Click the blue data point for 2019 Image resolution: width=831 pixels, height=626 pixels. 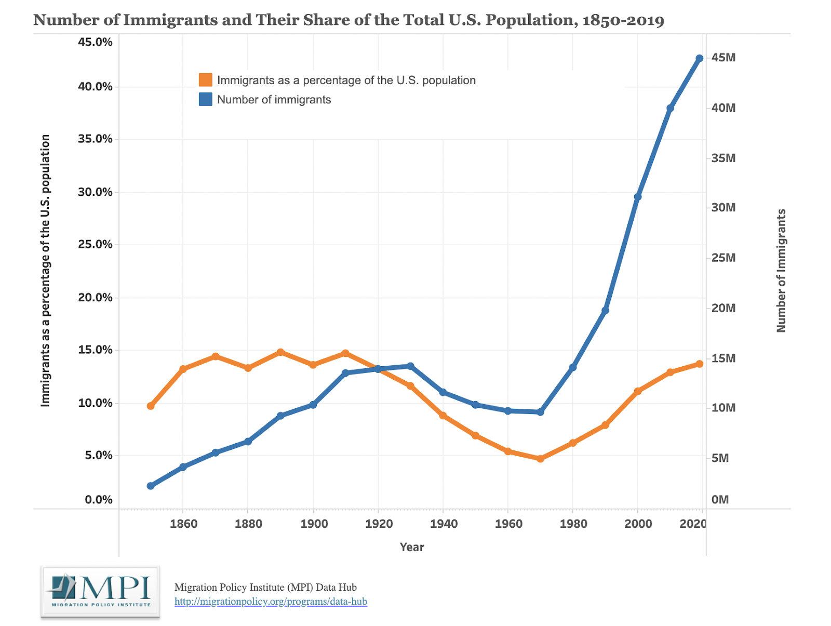pos(699,58)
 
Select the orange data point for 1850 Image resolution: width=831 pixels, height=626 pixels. pos(151,406)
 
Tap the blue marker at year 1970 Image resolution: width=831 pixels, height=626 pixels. pos(540,412)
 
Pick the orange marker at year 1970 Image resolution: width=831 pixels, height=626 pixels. pos(540,459)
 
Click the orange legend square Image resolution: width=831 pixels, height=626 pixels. pos(206,80)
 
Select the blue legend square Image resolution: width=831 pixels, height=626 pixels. pos(206,99)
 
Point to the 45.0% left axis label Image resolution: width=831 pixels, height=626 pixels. pos(95,42)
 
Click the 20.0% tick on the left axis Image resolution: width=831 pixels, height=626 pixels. pos(95,298)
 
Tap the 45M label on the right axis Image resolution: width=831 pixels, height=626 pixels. pos(723,58)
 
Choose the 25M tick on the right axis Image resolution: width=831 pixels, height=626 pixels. pos(723,258)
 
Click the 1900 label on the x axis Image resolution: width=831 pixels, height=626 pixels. pos(314,524)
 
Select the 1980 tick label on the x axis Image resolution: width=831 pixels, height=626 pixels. pos(573,524)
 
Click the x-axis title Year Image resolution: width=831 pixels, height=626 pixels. pos(412,547)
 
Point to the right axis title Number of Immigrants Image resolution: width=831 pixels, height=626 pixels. pos(781,271)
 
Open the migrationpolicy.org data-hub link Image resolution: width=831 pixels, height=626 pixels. pos(271,602)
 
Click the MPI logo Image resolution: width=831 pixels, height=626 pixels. pos(100,592)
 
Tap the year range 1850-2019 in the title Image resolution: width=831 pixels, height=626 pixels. pos(623,20)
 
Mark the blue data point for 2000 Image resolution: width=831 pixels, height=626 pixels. pos(638,196)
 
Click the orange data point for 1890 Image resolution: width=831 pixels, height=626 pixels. pos(280,352)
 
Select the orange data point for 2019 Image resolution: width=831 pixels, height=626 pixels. pos(699,364)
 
